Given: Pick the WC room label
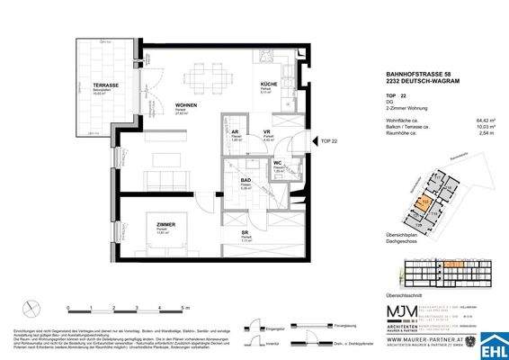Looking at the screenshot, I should click(280, 164).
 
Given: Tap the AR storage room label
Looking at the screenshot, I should click(234, 131).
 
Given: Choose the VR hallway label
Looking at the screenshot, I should click(266, 132).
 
